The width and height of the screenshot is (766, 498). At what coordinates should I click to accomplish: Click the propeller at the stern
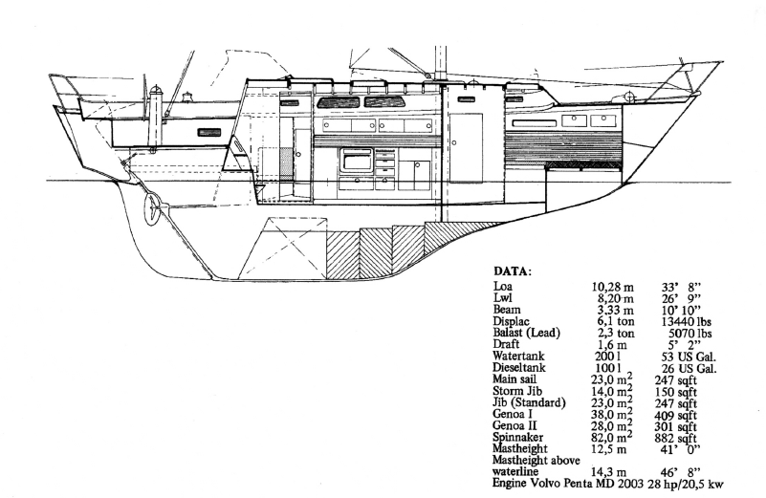coord(153,208)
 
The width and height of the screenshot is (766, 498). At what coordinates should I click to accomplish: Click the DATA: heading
coord(512,271)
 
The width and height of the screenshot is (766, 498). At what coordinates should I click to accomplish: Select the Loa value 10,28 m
coord(613,287)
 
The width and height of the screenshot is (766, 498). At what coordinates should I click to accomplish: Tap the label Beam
coord(507,310)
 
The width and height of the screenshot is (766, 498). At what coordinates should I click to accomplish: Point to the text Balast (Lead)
coord(527,333)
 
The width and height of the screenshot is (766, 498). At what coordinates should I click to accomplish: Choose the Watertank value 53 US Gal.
coord(689,357)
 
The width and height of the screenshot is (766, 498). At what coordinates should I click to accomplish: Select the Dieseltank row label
coord(519,368)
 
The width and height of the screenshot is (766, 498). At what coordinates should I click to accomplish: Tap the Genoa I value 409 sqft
coord(675,416)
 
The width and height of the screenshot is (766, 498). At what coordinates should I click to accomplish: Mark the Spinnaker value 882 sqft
coord(675,439)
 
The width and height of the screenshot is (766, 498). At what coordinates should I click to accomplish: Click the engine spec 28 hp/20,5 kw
coord(686,485)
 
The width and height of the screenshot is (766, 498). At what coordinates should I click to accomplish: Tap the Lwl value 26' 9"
coord(681,298)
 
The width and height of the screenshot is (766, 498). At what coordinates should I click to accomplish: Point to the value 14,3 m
coord(609,472)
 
